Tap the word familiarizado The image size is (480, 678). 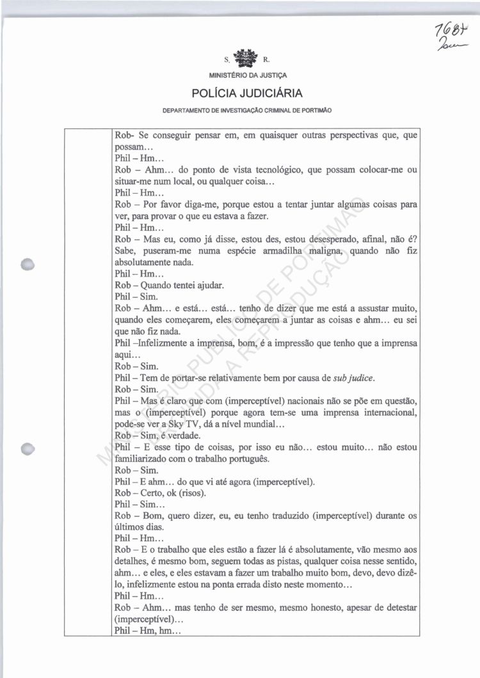(x=142, y=458)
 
